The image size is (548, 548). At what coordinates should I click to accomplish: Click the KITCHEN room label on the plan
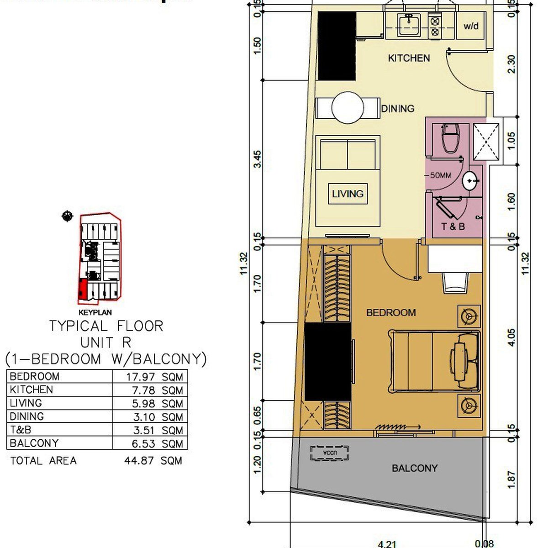pos(409,58)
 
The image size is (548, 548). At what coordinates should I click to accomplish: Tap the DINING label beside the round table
pos(398,108)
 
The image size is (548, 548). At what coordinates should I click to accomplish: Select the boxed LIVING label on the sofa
pos(348,194)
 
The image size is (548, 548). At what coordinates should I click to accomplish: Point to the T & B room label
pos(453,226)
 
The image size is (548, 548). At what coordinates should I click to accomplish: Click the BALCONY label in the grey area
pos(414,468)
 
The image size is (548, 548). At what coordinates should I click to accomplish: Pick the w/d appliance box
pos(471,26)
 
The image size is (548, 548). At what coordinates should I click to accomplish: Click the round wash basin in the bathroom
pos(471,182)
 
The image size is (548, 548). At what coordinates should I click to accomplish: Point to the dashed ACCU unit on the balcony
pos(329,453)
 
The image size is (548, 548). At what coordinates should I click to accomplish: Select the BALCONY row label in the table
pos(34,443)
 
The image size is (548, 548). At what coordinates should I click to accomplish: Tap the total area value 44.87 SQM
pos(153,461)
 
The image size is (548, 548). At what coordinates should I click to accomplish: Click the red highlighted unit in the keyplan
pos(82,290)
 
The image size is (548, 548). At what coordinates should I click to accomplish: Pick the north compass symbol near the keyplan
pos(67,216)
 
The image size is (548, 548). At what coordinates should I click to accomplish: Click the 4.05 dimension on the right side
pos(511,337)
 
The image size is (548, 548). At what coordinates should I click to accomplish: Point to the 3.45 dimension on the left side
pos(258,159)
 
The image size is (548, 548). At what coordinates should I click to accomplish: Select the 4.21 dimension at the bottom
pos(387,543)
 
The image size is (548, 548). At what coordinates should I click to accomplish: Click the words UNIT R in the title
pos(105,342)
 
